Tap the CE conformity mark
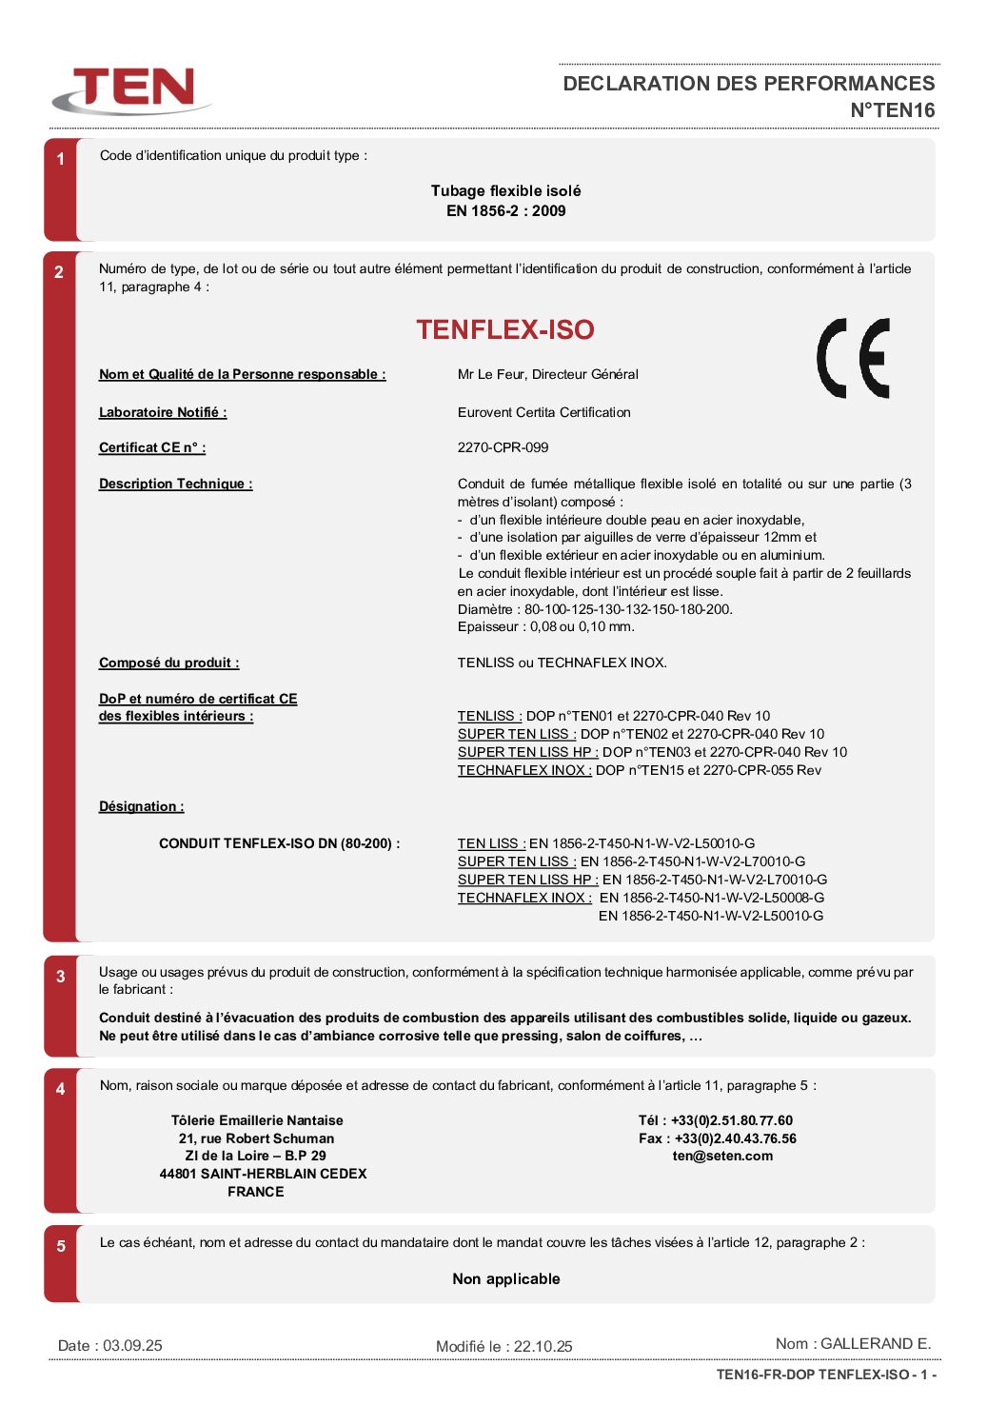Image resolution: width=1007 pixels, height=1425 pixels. point(853,358)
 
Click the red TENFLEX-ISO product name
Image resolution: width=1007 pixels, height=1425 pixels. point(504,329)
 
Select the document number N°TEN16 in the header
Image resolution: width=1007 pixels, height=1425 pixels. point(892,110)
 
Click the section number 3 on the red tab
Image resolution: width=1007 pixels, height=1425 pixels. point(61,977)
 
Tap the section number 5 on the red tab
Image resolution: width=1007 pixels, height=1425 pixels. point(61,1246)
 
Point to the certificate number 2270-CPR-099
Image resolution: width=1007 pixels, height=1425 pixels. point(503,447)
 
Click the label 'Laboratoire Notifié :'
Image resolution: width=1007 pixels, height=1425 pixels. point(163,412)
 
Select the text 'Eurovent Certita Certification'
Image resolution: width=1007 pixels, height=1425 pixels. point(543,412)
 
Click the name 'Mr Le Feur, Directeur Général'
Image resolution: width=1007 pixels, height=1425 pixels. point(547,374)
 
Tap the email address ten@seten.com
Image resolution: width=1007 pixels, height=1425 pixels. point(722,1156)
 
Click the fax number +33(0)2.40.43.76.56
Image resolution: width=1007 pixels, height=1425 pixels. point(735,1138)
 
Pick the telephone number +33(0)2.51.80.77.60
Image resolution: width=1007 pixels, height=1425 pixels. point(731,1120)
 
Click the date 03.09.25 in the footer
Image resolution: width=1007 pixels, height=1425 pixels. point(132,1345)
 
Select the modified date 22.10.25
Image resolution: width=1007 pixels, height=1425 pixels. point(543,1346)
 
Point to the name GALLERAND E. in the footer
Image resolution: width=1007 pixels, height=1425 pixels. point(875,1343)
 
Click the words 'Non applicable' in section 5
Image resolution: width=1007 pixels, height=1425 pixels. point(505,1278)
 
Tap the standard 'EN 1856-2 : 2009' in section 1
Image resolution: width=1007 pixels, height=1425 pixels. point(505,210)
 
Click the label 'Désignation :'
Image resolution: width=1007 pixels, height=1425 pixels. point(142,806)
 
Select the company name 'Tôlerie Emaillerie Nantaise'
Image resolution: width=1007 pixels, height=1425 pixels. point(257,1120)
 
